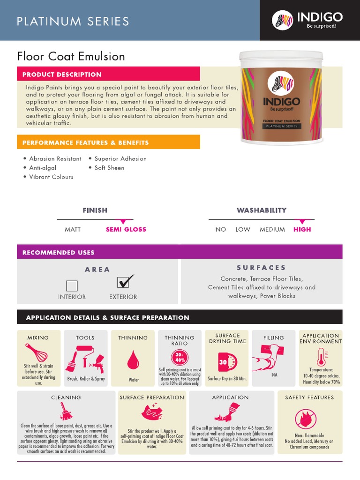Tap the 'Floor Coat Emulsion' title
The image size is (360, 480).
[71, 57]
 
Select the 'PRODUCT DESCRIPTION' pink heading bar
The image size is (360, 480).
[108, 74]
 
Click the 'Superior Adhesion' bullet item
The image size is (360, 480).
[120, 158]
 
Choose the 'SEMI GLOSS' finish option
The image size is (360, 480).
[126, 229]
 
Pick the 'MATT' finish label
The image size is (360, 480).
[73, 229]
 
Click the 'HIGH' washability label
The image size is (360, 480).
[302, 229]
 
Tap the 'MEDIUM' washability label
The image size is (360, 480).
[272, 229]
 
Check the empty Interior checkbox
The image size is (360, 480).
[72, 285]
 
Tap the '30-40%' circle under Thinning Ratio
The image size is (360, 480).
[180, 358]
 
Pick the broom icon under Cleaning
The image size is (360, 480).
[66, 411]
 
